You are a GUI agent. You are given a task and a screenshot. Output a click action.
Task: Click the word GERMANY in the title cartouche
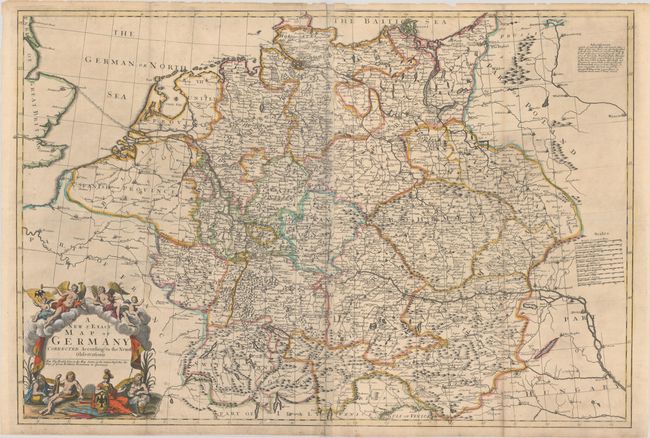pos(90,337)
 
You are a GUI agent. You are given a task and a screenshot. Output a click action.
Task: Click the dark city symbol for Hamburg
pos(296,67)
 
